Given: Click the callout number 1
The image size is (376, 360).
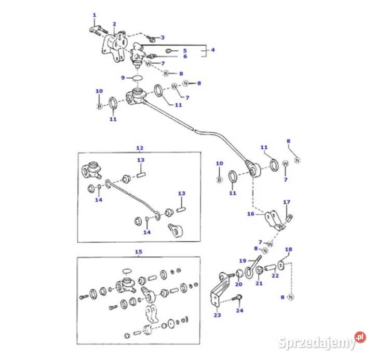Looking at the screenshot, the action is point(95,15).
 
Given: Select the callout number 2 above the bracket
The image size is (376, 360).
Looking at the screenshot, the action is point(114,24).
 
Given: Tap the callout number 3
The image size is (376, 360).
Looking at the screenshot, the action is point(163,37).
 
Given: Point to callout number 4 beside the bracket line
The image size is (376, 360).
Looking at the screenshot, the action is point(213,50).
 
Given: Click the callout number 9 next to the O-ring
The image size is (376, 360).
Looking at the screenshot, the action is point(123,78).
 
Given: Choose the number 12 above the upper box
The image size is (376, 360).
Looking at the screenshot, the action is point(140,148).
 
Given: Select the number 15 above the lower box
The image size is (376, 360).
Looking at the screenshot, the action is point(139,252).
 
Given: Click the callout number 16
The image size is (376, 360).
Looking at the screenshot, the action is point(251,214).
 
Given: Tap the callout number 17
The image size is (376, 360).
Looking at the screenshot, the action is point(287,202).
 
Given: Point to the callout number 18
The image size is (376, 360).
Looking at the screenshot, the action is point(288,250).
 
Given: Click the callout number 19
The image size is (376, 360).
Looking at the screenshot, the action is point(243,260).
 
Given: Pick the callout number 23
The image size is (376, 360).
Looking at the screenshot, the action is point(217,315).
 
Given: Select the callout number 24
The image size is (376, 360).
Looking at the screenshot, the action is point(239,310).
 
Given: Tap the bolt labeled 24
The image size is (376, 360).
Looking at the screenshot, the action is point(237,298).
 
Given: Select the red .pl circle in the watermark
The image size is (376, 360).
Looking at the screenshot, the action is point(360,337).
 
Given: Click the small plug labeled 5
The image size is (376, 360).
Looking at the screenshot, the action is point(168,51).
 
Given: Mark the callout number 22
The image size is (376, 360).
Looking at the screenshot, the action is point(275,275).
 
